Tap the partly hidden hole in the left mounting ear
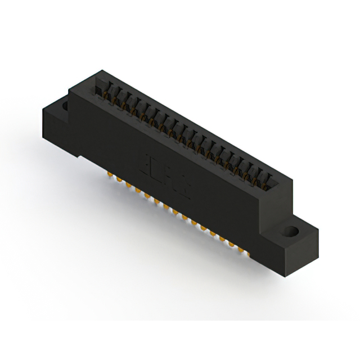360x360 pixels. (x=64, y=105)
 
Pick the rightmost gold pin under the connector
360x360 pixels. (x=242, y=249)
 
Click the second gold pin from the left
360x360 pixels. (x=119, y=179)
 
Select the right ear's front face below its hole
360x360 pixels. (x=287, y=247)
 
